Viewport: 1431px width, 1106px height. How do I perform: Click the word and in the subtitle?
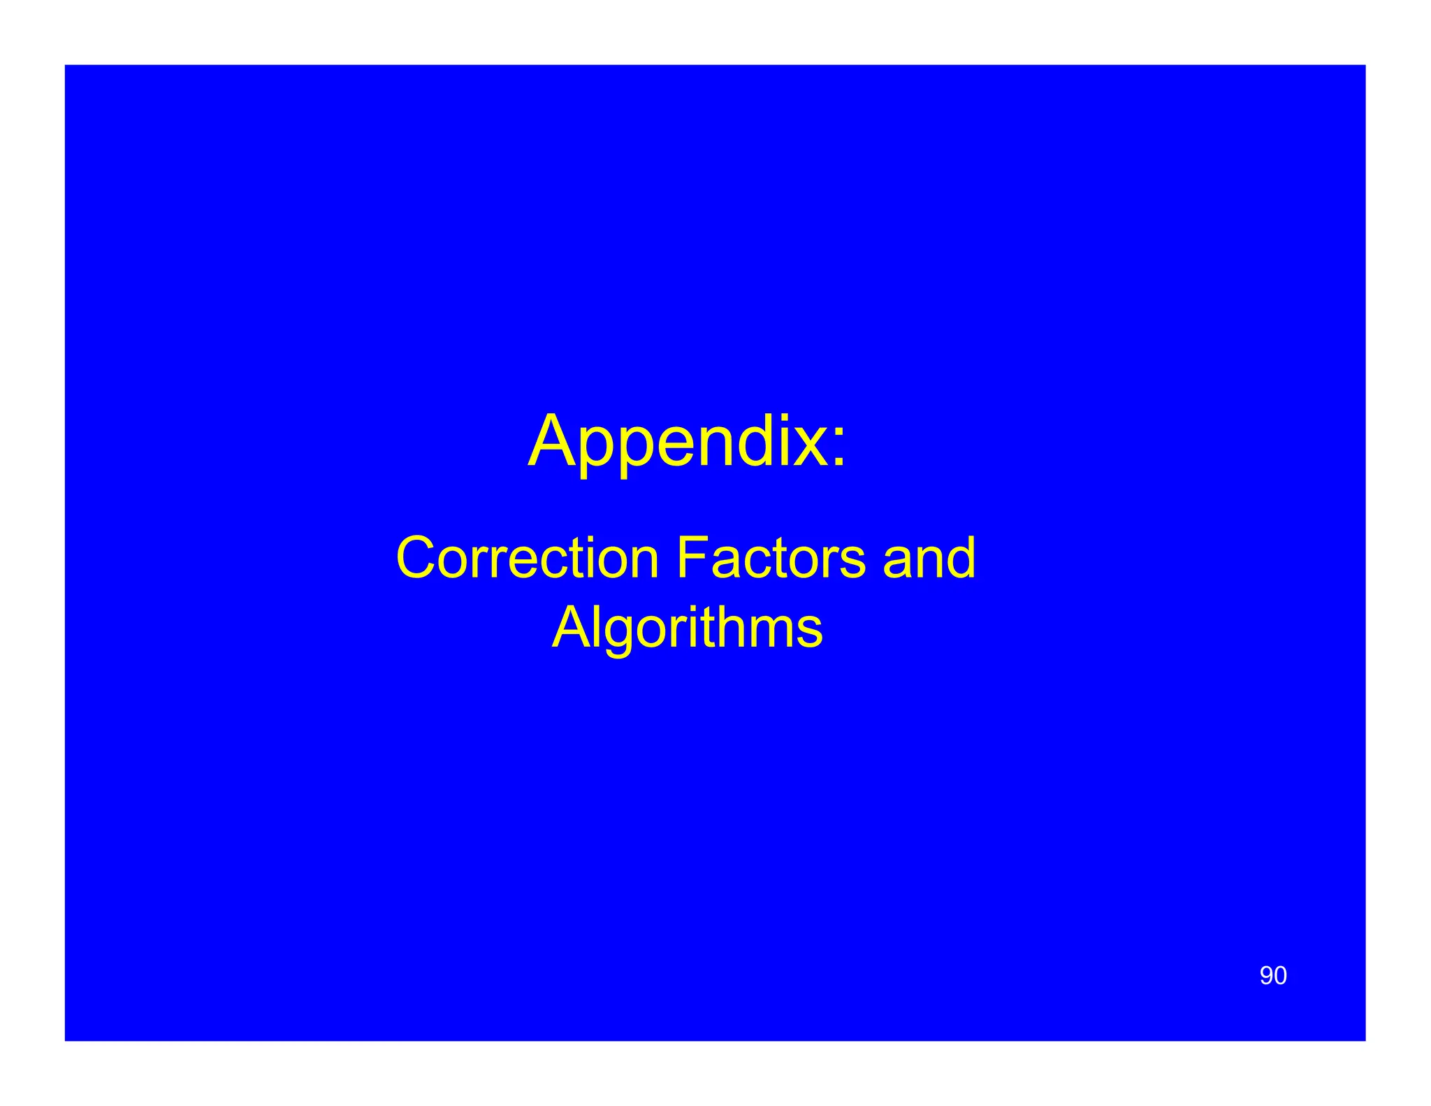929,559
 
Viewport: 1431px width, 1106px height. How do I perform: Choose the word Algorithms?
688,629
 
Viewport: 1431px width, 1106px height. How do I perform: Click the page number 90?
1273,976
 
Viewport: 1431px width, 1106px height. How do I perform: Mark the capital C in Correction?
418,559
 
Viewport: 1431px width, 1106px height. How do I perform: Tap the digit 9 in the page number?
1266,976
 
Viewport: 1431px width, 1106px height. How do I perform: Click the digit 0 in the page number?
1280,976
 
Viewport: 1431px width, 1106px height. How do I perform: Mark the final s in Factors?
854,563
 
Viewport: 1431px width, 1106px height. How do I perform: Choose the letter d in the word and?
961,559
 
